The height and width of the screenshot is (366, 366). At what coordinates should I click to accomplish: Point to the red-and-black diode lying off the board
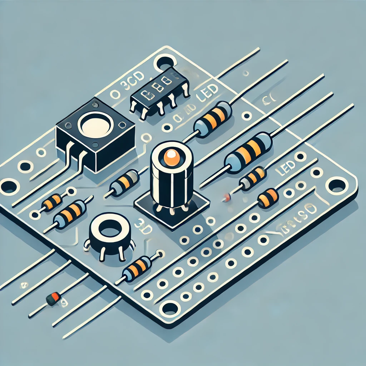click(x=54, y=298)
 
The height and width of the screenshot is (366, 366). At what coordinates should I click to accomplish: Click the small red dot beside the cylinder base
click(x=225, y=196)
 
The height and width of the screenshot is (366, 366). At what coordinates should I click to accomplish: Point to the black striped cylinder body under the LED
click(x=172, y=186)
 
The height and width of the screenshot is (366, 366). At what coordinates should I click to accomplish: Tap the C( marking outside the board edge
click(x=266, y=100)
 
